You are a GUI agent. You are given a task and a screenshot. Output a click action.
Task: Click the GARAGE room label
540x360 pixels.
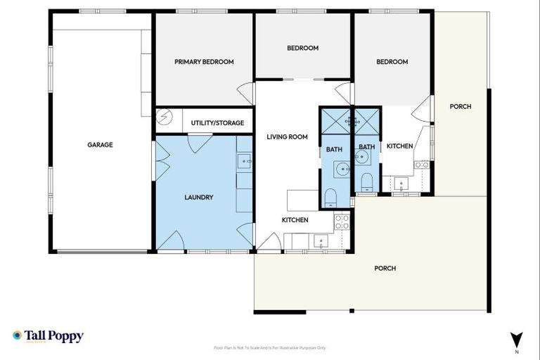click(100, 145)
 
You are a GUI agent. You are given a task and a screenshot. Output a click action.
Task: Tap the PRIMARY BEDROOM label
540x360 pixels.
click(204, 62)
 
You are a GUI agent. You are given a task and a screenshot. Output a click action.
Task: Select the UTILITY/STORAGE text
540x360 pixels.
click(217, 123)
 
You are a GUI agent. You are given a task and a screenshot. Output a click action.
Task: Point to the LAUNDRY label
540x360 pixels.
click(198, 198)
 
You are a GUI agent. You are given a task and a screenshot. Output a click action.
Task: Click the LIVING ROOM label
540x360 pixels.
click(287, 137)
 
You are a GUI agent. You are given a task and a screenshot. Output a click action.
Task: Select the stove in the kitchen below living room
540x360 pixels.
click(342, 222)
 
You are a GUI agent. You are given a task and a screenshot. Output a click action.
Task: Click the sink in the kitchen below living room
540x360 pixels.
click(321, 243)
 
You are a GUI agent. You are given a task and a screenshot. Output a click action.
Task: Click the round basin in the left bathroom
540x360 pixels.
click(341, 169)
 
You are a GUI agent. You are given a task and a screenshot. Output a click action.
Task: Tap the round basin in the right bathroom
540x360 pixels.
click(363, 157)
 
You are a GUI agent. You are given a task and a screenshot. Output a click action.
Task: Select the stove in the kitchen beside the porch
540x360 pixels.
click(422, 165)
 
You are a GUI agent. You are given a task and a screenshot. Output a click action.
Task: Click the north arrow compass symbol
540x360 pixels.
click(517, 340)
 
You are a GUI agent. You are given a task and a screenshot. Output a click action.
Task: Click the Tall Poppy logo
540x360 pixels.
click(48, 336)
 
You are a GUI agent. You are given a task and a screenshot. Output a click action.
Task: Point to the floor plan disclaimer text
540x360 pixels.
click(269, 348)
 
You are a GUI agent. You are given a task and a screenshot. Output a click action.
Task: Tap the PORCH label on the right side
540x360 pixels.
click(461, 107)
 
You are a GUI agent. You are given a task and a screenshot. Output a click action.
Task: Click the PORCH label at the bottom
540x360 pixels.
click(385, 269)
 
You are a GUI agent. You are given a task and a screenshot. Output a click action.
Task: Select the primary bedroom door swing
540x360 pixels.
click(245, 94)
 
